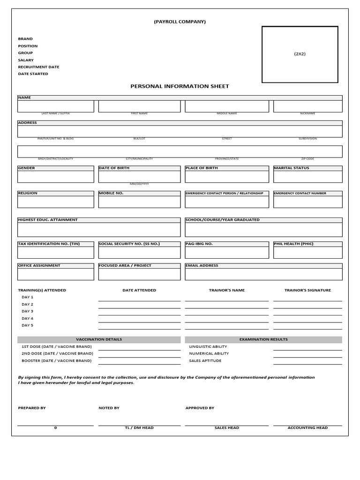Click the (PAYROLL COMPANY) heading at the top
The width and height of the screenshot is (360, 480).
click(180, 22)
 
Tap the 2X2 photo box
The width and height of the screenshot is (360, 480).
click(300, 54)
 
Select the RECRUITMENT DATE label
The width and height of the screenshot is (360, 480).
click(38, 67)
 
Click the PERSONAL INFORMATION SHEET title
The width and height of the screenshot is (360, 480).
click(180, 86)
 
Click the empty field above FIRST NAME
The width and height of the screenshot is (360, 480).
click(139, 106)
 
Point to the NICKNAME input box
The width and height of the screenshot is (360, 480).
click(307, 106)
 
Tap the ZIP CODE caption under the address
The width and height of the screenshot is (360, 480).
click(307, 159)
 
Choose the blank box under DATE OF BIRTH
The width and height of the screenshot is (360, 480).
click(139, 177)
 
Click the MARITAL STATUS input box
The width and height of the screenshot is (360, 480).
click(307, 177)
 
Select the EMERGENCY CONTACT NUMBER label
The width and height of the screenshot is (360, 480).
click(300, 193)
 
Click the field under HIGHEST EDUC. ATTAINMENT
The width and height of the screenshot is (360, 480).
click(98, 230)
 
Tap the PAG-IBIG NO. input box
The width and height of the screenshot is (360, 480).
click(227, 253)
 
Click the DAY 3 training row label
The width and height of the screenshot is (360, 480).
click(27, 311)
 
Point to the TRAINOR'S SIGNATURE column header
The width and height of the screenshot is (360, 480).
click(307, 290)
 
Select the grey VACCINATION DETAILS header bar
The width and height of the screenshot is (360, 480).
click(98, 339)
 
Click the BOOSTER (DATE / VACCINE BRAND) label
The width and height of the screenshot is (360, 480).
click(56, 361)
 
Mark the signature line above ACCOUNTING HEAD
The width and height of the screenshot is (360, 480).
click(307, 425)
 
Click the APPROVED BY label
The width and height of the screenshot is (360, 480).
click(200, 408)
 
